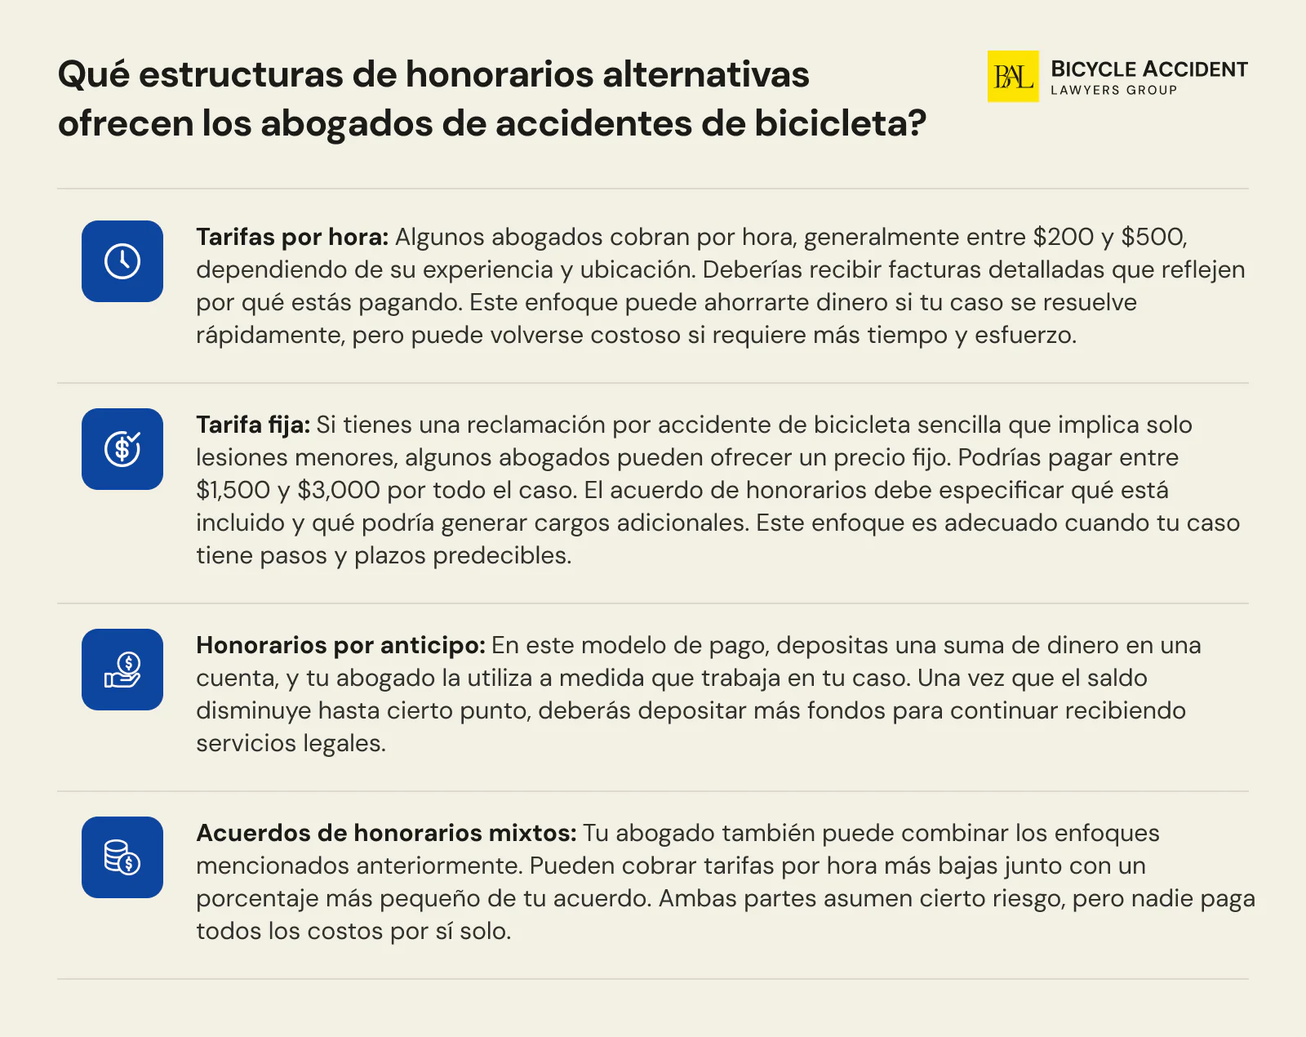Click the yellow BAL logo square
[1012, 76]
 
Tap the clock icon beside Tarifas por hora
[122, 261]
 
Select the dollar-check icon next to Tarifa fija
[122, 449]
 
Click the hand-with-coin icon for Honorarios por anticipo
[122, 670]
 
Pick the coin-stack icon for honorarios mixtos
[122, 857]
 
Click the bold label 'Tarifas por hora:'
[292, 238]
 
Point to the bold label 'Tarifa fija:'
[253, 425]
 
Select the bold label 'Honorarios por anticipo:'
[340, 646]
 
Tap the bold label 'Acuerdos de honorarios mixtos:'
[386, 834]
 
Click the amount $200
[1063, 238]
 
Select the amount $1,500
[233, 491]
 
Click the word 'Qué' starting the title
[93, 75]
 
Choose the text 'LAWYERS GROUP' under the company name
[1113, 91]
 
